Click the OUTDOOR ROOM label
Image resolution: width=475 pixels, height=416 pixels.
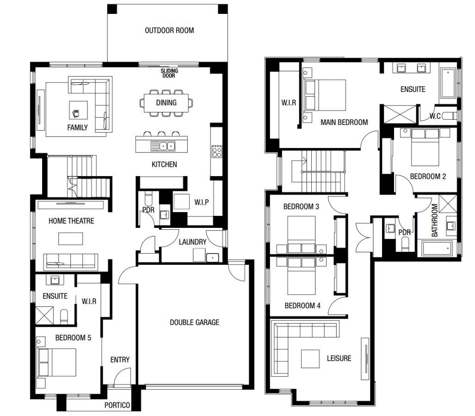click(169, 31)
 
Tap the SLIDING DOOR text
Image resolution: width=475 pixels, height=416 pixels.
click(169, 73)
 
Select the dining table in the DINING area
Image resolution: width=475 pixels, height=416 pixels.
click(166, 103)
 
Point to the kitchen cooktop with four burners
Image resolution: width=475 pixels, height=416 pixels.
click(216, 151)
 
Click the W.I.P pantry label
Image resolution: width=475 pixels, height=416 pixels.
click(202, 202)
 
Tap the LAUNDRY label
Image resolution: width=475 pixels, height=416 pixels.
click(192, 241)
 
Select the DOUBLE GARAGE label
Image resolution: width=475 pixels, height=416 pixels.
click(194, 322)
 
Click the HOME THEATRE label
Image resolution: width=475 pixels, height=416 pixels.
click(71, 221)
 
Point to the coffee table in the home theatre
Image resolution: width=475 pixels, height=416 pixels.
click(71, 239)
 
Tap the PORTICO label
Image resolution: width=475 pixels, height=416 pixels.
click(117, 405)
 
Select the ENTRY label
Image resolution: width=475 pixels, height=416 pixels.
click(120, 360)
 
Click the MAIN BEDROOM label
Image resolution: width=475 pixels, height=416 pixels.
click(344, 122)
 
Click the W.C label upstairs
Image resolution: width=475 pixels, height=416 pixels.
click(435, 116)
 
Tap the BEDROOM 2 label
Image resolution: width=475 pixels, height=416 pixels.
click(428, 176)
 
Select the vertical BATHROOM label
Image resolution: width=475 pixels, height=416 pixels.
click(434, 220)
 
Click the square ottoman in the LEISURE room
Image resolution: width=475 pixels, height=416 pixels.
click(310, 359)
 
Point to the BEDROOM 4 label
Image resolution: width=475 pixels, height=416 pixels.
click(302, 306)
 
